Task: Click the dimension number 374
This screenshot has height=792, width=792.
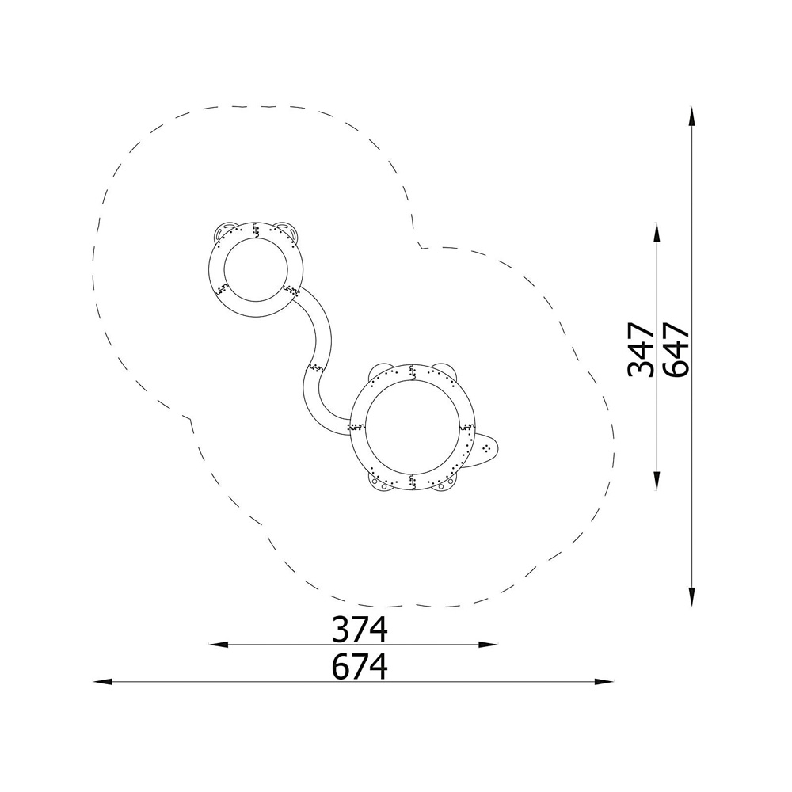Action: click(360, 630)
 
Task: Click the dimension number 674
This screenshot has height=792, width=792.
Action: click(360, 667)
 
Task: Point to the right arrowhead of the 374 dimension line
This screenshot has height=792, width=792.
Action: click(488, 645)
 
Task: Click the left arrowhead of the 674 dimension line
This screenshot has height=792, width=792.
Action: click(103, 682)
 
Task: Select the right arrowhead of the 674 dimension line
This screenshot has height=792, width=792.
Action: click(604, 682)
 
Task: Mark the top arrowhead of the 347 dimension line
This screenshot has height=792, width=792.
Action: click(656, 234)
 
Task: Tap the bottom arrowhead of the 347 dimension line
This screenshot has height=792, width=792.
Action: click(656, 481)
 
